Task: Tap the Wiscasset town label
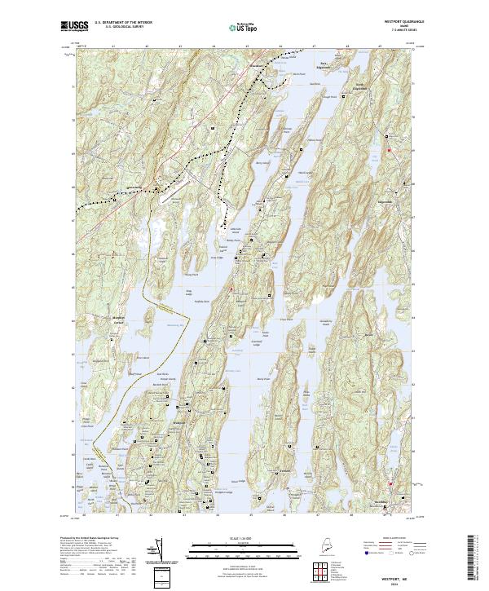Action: pyautogui.click(x=259, y=63)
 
